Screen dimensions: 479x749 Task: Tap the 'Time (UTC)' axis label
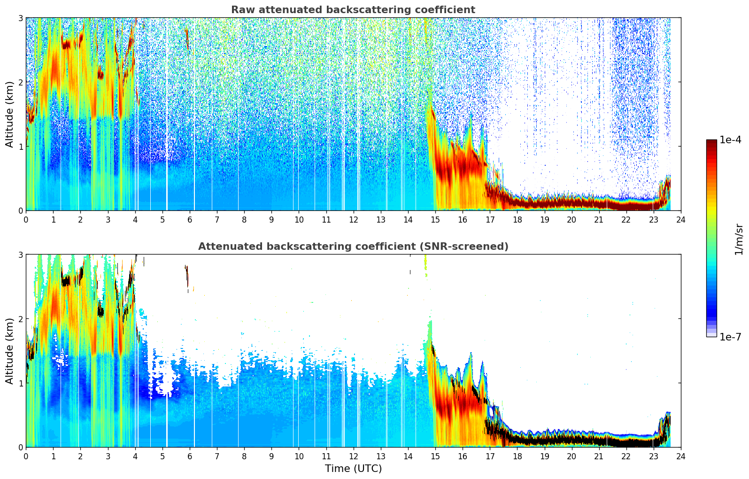pos(353,469)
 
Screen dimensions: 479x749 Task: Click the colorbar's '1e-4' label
pos(730,140)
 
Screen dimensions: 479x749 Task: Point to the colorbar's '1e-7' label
pos(730,337)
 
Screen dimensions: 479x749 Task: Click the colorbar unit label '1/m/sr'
pos(739,239)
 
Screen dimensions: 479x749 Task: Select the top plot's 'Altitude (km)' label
pos(10,114)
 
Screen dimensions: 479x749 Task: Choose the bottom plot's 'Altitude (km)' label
pos(10,351)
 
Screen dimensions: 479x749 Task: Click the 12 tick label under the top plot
pos(353,220)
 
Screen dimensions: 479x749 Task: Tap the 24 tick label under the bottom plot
pos(681,456)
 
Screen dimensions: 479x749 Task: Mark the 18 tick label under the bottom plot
pos(517,456)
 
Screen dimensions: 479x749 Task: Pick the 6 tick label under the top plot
pos(190,220)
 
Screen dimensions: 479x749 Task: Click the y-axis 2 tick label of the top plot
pos(20,82)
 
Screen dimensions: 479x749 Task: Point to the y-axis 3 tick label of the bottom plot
pos(20,255)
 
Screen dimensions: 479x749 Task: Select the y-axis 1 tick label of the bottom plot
pos(20,383)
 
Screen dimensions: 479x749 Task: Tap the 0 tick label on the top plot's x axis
pos(26,220)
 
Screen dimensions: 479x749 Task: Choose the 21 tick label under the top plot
pos(599,220)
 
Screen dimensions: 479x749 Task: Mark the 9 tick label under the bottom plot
pos(271,456)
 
